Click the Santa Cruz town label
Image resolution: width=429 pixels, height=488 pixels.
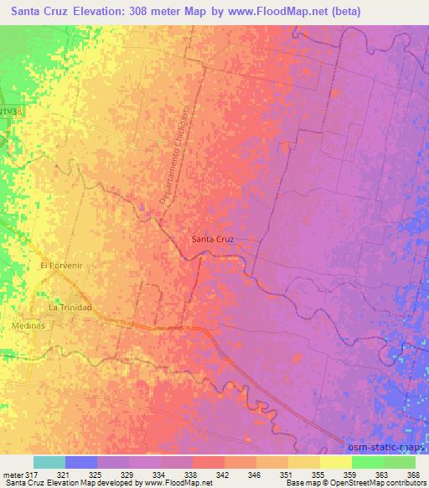212,239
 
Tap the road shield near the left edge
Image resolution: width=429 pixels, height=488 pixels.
10,112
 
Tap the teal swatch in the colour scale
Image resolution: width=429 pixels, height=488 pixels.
49,462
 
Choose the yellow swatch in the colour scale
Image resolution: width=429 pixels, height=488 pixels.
335,462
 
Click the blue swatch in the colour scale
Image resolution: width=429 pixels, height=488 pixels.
81,462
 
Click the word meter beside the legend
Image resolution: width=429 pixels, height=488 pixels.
13,475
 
